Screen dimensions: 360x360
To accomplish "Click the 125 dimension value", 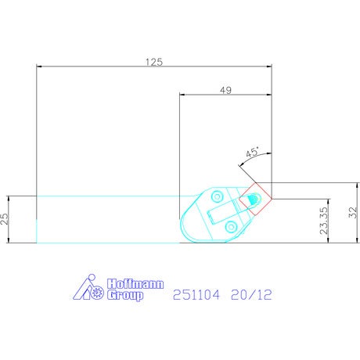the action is click(154, 62).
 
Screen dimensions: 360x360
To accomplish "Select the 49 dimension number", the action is click(225, 90).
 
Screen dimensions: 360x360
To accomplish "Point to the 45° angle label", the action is click(253, 152).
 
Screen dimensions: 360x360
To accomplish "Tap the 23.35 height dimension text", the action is click(323, 221).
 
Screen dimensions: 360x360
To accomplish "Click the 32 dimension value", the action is click(353, 212).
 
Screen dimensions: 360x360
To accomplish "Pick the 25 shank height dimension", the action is click(5, 219).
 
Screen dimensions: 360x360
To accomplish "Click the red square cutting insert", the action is click(256, 199).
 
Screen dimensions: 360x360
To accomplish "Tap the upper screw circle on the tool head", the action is click(217, 196).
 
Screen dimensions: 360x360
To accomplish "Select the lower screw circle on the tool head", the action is click(231, 227).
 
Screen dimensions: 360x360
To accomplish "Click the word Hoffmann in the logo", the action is click(135, 284).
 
